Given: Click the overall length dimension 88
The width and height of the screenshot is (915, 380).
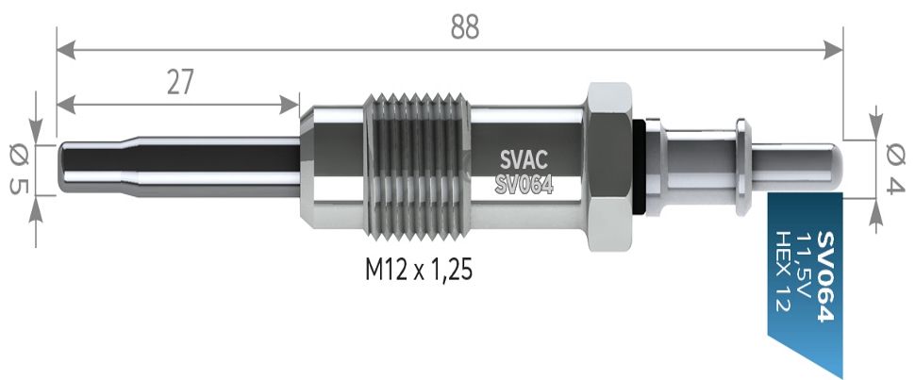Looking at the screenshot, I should coord(464,26).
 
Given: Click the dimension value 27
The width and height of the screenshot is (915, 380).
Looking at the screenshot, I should coord(180,83).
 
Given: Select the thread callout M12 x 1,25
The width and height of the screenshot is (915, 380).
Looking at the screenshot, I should coord(418,272).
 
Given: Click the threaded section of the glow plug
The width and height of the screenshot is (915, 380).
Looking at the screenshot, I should coord(417,168).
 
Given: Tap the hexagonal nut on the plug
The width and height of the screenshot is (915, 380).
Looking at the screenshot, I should coord(613,168).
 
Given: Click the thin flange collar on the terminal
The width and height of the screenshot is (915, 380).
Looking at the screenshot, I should coord(741,166).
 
